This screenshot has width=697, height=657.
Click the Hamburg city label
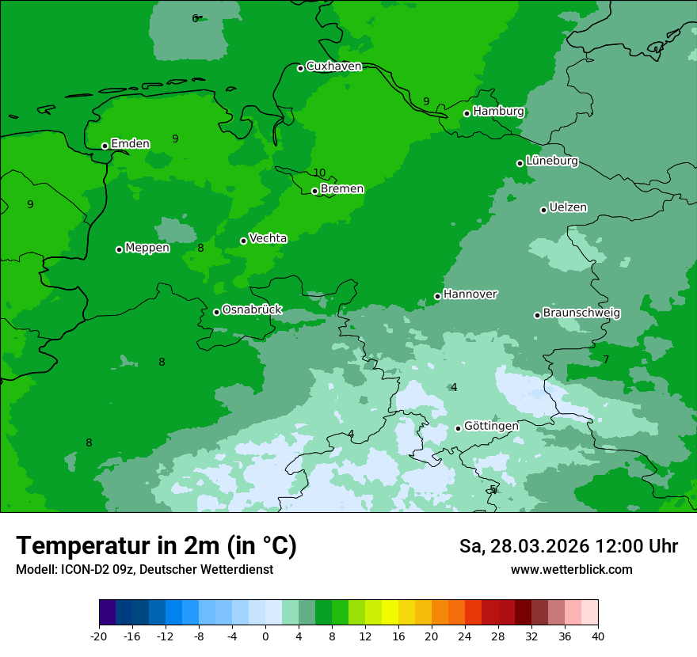(x=498, y=112)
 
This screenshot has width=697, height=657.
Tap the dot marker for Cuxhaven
(x=300, y=68)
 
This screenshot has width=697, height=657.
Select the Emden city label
(x=130, y=143)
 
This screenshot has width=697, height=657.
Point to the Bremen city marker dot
(x=314, y=191)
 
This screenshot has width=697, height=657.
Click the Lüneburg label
(x=551, y=161)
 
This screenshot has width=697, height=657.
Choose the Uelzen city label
(x=568, y=207)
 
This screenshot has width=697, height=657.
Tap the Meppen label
(x=147, y=248)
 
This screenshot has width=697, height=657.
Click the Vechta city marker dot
(x=243, y=241)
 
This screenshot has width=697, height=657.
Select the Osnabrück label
(x=252, y=310)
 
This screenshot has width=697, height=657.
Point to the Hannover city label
(x=470, y=294)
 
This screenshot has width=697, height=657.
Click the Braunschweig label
(x=581, y=313)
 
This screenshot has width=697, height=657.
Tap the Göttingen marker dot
(x=458, y=428)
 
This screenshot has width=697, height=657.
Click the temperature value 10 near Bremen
(x=319, y=173)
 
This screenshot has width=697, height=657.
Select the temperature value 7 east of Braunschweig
(x=606, y=359)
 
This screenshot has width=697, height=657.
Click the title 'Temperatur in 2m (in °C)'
(x=156, y=545)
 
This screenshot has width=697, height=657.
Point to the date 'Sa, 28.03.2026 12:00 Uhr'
(x=568, y=546)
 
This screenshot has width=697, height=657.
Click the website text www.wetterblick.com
(x=571, y=569)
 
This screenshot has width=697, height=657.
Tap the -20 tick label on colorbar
(x=99, y=636)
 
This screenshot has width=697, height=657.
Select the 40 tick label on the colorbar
(x=598, y=636)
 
